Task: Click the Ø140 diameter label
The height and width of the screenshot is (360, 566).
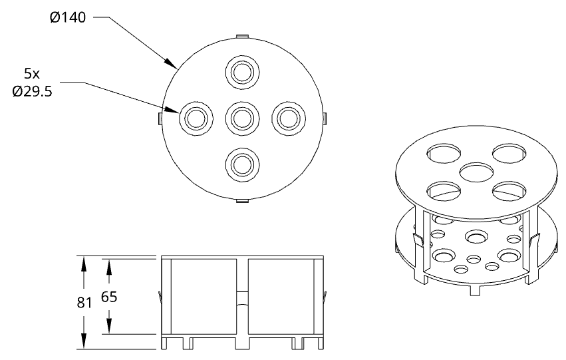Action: point(68,17)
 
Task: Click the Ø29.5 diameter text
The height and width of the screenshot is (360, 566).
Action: point(32,92)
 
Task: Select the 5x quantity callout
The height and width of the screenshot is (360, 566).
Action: point(32,74)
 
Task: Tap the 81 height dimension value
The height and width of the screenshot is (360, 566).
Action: point(84,303)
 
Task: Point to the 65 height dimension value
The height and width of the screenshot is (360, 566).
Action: point(109,297)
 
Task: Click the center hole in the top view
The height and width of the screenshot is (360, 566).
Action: point(243,118)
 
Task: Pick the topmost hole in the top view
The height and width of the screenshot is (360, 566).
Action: point(243,73)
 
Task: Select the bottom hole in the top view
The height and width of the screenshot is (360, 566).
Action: point(243,164)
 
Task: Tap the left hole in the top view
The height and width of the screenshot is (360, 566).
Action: point(196,118)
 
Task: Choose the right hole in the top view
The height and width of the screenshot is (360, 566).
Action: point(289,118)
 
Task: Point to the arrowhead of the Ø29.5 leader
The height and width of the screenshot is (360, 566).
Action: point(172,110)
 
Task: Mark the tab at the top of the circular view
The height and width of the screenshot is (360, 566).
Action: point(242,36)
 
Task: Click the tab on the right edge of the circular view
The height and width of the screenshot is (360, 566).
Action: point(325,118)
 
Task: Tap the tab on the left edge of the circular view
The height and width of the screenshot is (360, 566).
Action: point(160,118)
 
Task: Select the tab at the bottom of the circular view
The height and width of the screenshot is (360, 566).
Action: point(242,200)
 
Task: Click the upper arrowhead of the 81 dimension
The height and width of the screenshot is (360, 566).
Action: point(84,263)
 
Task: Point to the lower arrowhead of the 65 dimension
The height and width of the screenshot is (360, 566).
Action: point(109,327)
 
